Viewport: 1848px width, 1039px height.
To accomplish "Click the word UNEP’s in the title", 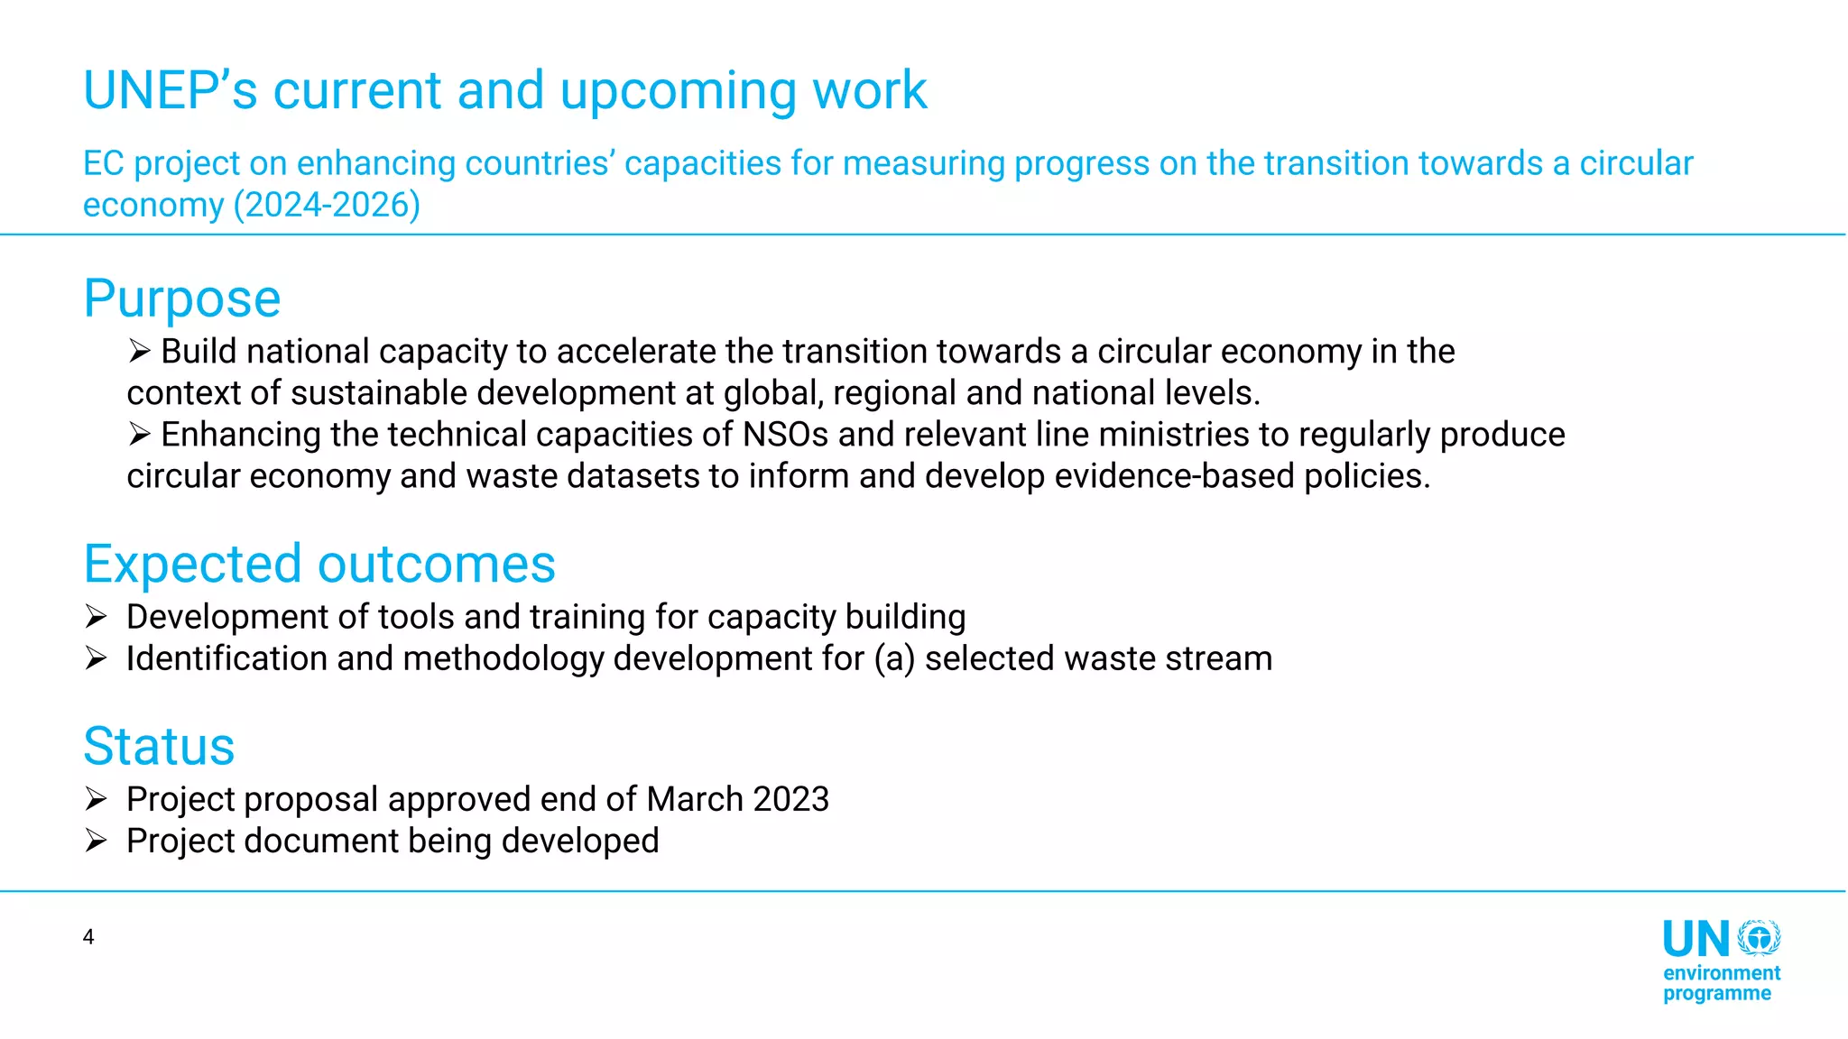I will click(x=171, y=90).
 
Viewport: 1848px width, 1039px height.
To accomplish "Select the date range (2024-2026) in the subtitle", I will click(x=327, y=205).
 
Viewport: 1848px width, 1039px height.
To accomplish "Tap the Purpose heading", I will click(x=182, y=299).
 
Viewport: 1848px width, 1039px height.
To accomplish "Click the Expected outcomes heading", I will click(x=319, y=564).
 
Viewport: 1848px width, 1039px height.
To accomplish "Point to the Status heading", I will click(x=159, y=746).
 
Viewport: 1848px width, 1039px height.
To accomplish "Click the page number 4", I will click(x=88, y=937).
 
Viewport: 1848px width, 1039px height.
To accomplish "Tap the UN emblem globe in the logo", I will click(x=1760, y=938).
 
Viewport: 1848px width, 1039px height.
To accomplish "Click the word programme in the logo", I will click(x=1716, y=994).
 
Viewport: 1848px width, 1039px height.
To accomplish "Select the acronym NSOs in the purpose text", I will click(x=785, y=435).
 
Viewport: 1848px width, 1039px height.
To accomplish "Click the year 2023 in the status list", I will click(x=790, y=799).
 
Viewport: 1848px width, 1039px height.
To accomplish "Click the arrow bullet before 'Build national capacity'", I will click(x=139, y=351).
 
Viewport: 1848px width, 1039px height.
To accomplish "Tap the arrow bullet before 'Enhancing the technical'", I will click(x=139, y=435).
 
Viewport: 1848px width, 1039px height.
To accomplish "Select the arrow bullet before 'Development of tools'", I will click(x=97, y=617).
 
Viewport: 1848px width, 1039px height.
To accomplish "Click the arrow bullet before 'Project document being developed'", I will click(x=97, y=841).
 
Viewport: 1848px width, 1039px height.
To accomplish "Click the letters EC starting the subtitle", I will click(x=103, y=163).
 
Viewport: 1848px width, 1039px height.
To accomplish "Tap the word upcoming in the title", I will click(x=679, y=90).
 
